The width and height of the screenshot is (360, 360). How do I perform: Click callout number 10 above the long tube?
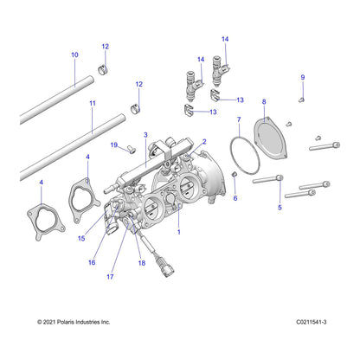click(x=74, y=55)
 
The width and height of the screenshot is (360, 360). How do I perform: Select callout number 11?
click(x=93, y=103)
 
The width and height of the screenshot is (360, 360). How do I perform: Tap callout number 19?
click(x=114, y=145)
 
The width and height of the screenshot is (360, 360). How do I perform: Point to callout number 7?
click(x=239, y=119)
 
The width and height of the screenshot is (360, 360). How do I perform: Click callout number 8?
click(x=264, y=102)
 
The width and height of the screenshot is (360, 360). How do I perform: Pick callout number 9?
click(x=303, y=77)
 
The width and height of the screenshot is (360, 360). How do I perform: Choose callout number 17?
click(x=110, y=277)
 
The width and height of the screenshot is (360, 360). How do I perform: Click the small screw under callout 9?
click(x=301, y=100)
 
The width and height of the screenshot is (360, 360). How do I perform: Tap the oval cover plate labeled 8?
click(x=270, y=138)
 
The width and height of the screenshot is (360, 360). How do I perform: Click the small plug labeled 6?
click(x=235, y=174)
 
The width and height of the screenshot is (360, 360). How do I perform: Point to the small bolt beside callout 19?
click(x=131, y=150)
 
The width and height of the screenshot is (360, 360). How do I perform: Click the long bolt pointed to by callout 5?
click(x=267, y=179)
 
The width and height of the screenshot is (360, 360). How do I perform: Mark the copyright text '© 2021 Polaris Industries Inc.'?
click(x=74, y=322)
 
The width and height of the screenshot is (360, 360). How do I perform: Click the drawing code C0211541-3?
click(x=312, y=322)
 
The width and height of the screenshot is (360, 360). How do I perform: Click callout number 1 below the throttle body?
click(x=179, y=232)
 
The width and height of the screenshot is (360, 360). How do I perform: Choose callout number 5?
click(x=280, y=208)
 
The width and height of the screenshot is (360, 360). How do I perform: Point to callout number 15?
click(x=81, y=238)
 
